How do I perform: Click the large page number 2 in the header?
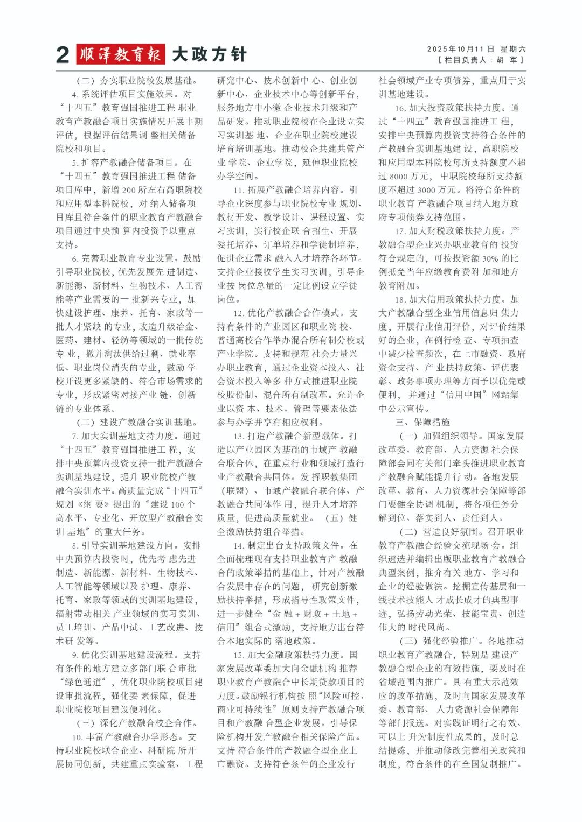coord(63,55)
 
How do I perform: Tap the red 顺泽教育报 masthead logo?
coord(120,54)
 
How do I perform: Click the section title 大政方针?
coord(209,54)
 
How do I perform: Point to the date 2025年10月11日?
coord(461,49)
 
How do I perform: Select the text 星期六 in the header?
coord(513,49)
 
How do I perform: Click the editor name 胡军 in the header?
coord(507,60)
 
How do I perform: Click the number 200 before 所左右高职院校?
coord(129,189)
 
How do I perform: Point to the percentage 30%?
coord(490,258)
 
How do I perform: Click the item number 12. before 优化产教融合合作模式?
coord(239,313)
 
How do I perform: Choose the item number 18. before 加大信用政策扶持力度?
coord(400,299)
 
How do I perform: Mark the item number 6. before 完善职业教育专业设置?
coord(75,258)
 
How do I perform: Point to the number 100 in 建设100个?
coord(177,504)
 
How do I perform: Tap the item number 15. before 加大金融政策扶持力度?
coord(239,655)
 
